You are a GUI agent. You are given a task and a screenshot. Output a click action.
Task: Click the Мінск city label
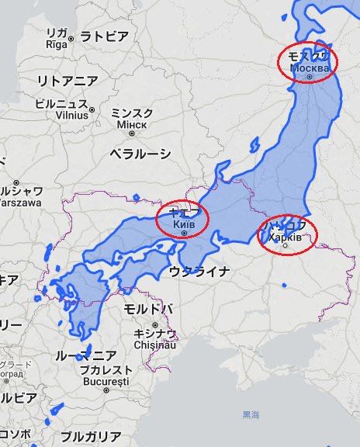131,124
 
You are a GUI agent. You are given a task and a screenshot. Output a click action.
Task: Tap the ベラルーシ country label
140,154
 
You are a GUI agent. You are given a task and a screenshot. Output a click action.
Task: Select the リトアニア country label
68,81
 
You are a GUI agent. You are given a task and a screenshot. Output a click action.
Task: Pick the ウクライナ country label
199,271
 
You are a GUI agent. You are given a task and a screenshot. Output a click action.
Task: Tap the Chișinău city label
155,345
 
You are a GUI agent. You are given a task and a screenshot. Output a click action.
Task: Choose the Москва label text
310,68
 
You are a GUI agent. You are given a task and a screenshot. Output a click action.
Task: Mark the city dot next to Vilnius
92,110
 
